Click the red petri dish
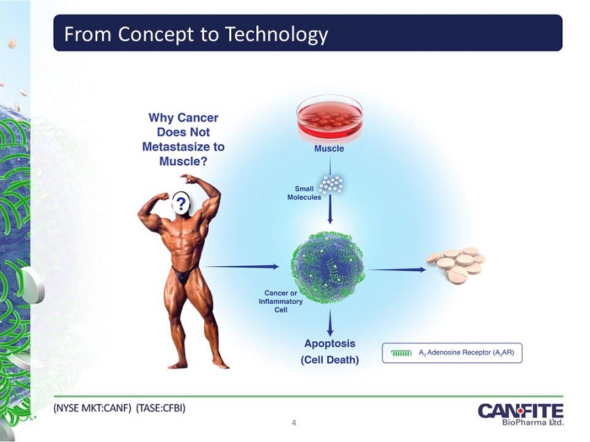pos(330,119)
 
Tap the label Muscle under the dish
pos(329,148)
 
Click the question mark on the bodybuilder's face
pos(181,204)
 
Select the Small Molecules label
pos(304,193)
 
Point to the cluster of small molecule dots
pos(331,184)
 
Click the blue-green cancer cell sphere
pos(328,267)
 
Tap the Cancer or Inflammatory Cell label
pos(280,301)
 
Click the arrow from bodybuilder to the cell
pos(242,266)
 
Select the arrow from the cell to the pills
pos(397,269)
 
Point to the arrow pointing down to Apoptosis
pos(330,323)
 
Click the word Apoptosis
pos(330,344)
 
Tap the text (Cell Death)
pos(330,360)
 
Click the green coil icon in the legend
pos(401,353)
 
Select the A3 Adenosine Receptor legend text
pos(466,353)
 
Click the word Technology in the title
pos(276,34)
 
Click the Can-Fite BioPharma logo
pos(521,414)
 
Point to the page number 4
pos(294,423)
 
